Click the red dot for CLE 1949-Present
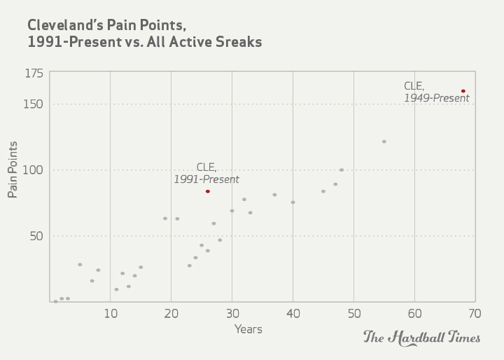click(x=463, y=91)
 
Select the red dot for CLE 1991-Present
click(x=208, y=191)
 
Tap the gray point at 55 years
click(x=384, y=141)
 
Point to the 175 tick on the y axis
click(x=35, y=74)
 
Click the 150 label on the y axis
click(x=35, y=104)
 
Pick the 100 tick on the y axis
click(x=35, y=170)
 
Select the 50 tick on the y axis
click(x=36, y=236)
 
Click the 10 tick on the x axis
click(x=111, y=313)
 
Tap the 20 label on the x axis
click(x=171, y=313)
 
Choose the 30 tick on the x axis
click(x=232, y=313)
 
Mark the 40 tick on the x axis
click(x=293, y=313)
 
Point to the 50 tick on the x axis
click(x=353, y=313)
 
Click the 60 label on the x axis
click(x=414, y=313)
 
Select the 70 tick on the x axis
click(x=475, y=313)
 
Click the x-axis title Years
click(x=248, y=328)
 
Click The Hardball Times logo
click(x=421, y=338)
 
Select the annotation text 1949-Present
click(x=436, y=98)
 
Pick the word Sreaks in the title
click(x=238, y=42)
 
